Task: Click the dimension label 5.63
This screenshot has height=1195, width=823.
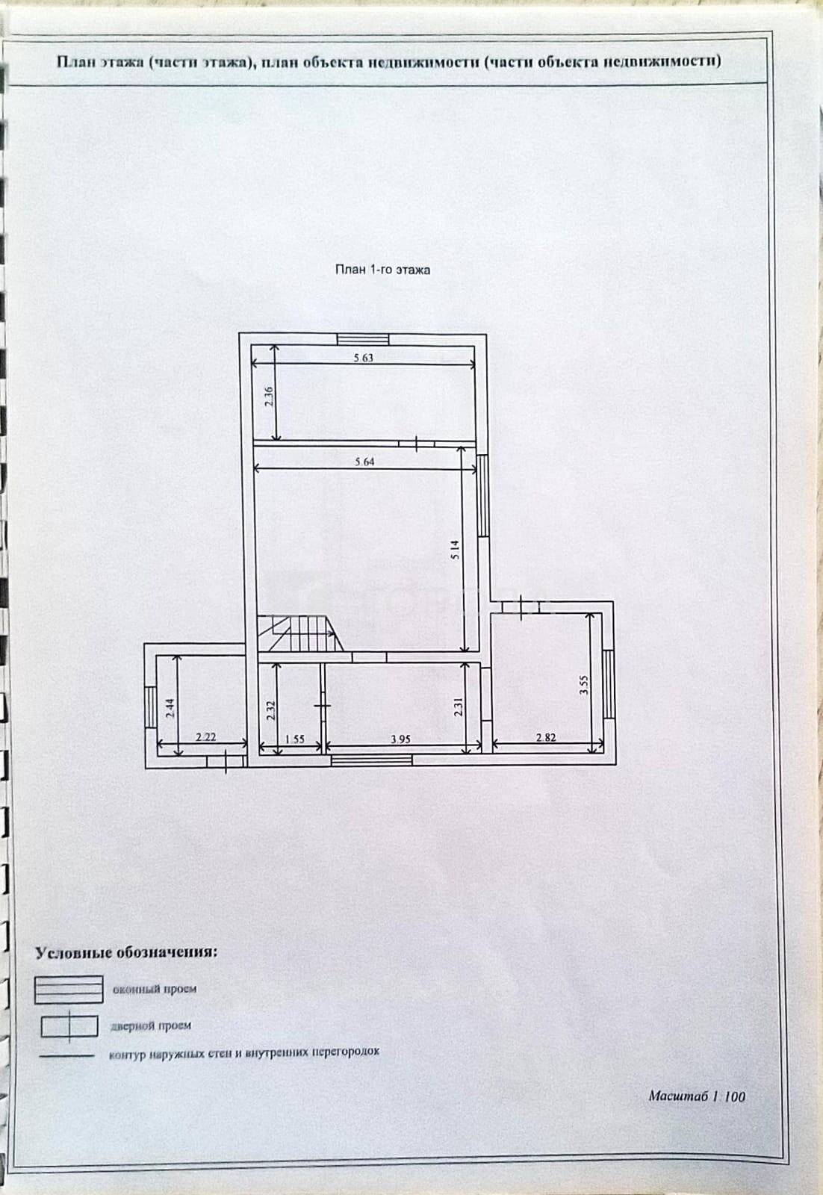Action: [363, 358]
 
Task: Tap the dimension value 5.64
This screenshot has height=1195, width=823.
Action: [365, 462]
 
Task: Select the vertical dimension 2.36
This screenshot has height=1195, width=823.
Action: [269, 397]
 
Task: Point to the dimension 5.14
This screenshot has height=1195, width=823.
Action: [454, 550]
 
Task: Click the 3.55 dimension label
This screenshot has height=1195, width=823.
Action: [584, 684]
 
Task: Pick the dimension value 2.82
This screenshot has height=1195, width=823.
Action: [546, 737]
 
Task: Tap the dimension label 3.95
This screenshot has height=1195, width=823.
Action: [400, 739]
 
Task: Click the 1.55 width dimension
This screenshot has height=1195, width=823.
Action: [295, 739]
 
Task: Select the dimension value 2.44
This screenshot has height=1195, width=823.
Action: [170, 708]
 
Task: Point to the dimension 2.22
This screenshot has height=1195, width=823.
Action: [206, 737]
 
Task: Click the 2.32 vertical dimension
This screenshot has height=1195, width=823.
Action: [270, 710]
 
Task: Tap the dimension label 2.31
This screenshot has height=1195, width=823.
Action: [457, 707]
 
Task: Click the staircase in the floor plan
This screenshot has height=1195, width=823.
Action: [302, 633]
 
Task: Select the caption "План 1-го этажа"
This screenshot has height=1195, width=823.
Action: [382, 270]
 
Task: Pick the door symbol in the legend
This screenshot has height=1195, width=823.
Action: [69, 1027]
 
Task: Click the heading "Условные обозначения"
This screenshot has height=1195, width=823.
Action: [126, 953]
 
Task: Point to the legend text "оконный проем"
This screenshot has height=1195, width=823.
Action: [155, 989]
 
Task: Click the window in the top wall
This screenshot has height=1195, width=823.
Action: [363, 340]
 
